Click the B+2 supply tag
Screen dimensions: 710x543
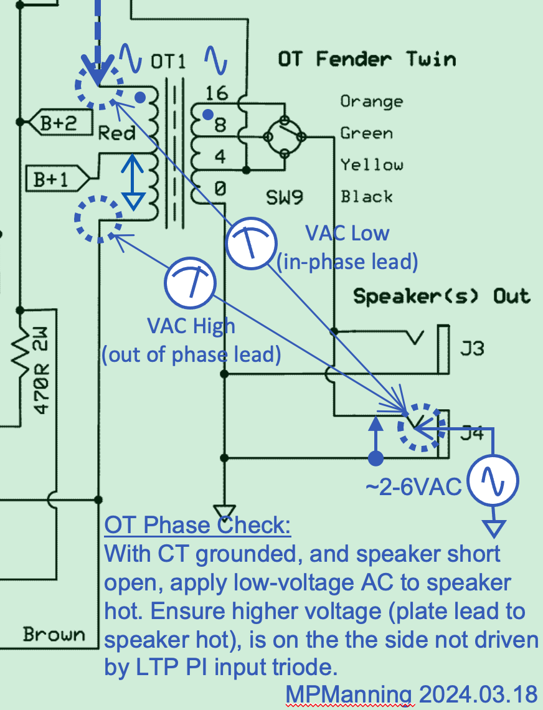[57, 123]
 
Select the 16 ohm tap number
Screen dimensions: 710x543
[216, 93]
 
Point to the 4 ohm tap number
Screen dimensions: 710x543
[219, 156]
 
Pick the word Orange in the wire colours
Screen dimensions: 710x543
[371, 101]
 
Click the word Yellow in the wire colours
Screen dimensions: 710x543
[372, 165]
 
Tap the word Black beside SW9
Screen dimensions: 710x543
[367, 197]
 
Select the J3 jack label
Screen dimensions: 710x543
[471, 347]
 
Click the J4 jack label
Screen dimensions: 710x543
[471, 433]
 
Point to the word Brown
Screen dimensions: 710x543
[54, 635]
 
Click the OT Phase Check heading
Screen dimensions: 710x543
[197, 526]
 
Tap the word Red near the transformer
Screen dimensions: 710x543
[117, 132]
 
